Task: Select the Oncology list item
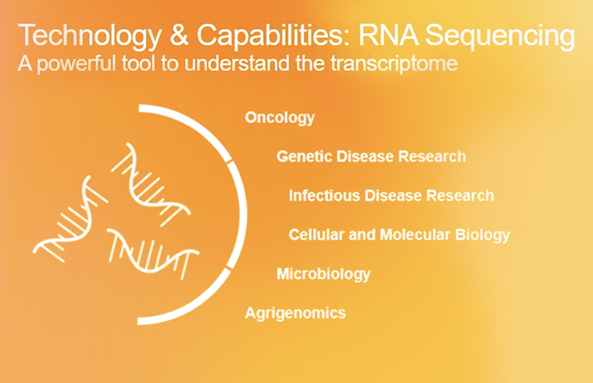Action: pos(280,118)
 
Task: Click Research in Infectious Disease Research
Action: pos(459,195)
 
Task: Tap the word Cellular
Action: pos(315,235)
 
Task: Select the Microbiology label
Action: pos(323,273)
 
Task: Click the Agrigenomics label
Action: pos(295,312)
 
